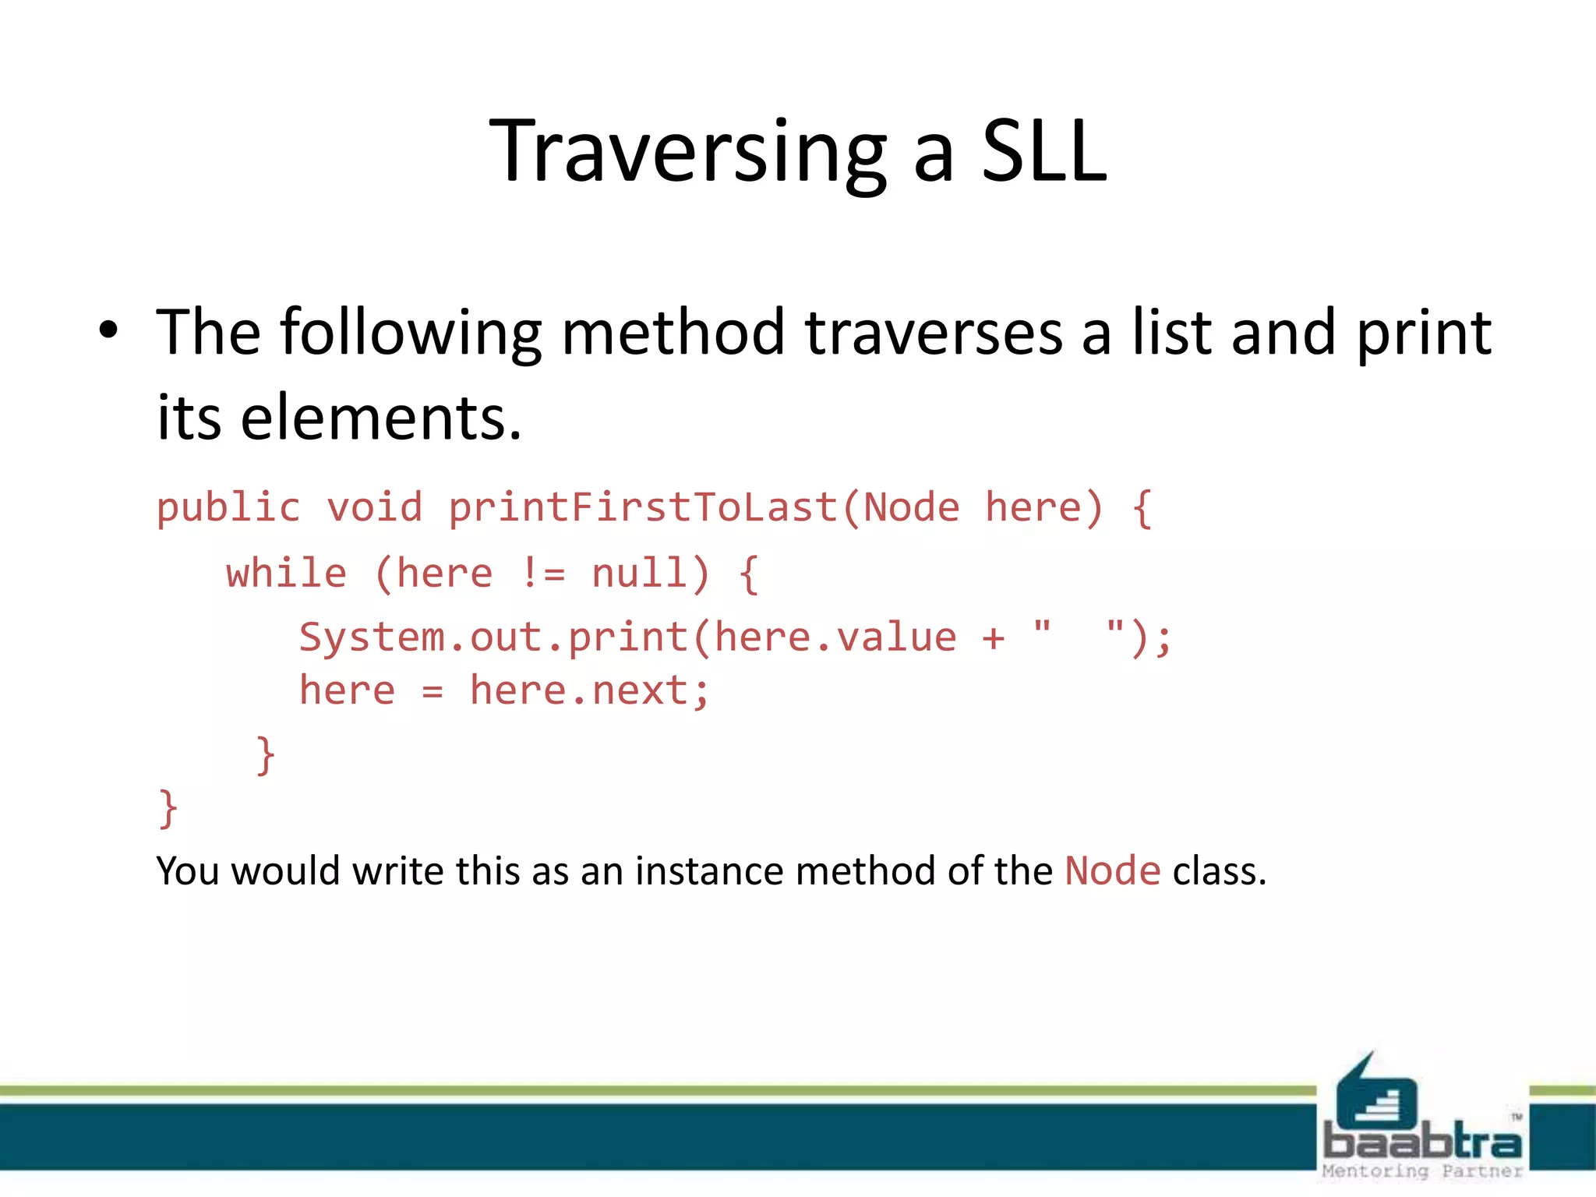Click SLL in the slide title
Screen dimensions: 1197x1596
coord(1043,152)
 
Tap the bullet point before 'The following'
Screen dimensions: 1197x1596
coord(108,331)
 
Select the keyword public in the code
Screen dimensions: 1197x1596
coord(228,508)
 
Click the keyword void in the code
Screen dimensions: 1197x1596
coord(374,508)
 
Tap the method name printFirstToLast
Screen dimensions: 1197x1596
coord(643,508)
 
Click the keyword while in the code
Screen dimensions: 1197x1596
coord(286,574)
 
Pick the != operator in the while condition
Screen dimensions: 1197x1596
coord(542,574)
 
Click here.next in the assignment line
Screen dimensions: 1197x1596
coord(589,691)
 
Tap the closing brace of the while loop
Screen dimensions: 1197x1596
coord(266,755)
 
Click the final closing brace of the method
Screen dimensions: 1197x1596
coord(168,809)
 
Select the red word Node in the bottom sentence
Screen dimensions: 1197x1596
coord(1112,871)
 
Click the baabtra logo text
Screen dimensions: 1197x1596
coord(1422,1142)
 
